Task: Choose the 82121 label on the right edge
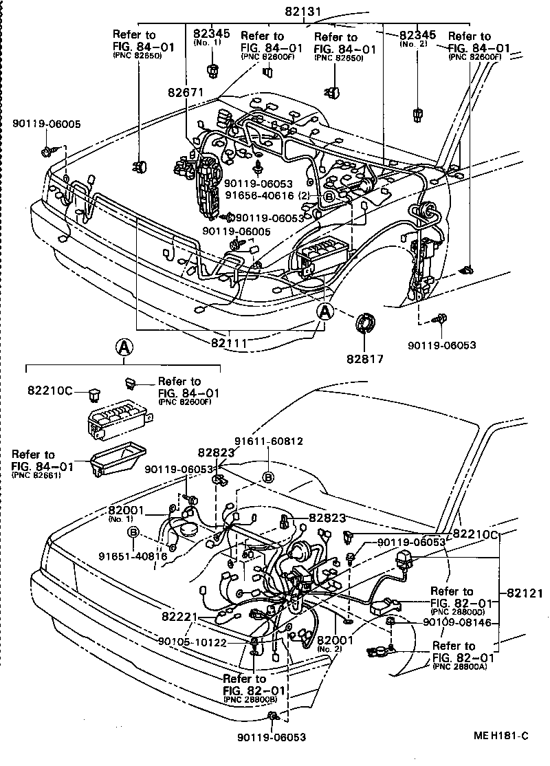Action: [525, 593]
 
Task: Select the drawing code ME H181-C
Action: [500, 736]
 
